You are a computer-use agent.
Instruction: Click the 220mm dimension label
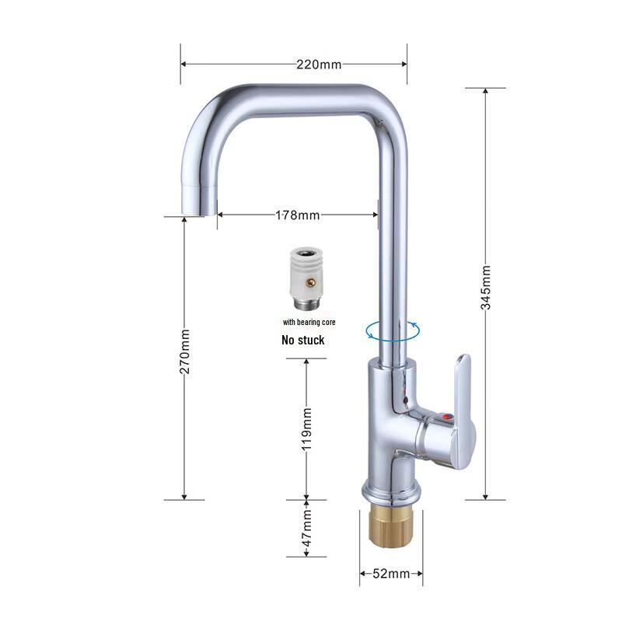(x=318, y=65)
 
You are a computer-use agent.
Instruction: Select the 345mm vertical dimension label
(x=486, y=288)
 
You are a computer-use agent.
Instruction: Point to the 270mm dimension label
(x=185, y=351)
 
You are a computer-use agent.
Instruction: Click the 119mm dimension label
(x=307, y=429)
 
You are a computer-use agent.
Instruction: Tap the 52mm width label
(x=391, y=575)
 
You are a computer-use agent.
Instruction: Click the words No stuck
(x=302, y=340)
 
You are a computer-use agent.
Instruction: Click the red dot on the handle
(x=446, y=418)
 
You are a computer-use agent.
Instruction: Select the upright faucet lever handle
(x=463, y=389)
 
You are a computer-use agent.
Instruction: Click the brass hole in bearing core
(x=309, y=283)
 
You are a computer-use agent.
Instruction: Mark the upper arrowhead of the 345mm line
(x=486, y=92)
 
